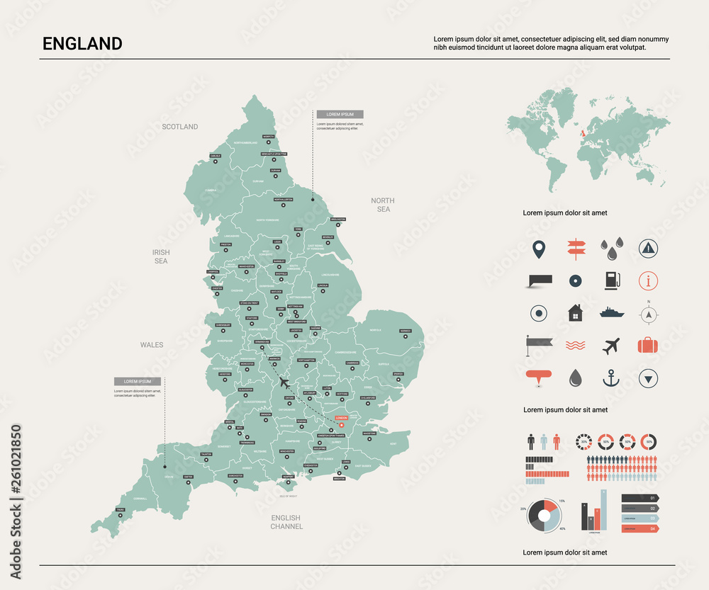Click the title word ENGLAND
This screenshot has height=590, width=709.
(82, 43)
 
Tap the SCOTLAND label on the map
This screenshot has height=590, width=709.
(180, 127)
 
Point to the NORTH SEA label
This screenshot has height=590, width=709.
(383, 205)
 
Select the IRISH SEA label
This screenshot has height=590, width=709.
(161, 256)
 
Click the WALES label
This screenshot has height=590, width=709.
(152, 345)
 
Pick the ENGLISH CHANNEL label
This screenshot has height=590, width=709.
(286, 522)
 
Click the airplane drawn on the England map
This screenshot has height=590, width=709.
(284, 383)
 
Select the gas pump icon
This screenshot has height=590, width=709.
(612, 280)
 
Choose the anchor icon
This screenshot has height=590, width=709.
(611, 378)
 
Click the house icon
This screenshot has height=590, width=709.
(575, 312)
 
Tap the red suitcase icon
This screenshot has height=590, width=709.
(648, 346)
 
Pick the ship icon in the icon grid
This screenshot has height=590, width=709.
(611, 312)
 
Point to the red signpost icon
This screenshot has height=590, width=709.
(575, 248)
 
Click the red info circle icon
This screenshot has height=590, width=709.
(648, 280)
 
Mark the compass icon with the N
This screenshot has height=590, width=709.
(648, 312)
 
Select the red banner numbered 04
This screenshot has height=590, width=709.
(640, 528)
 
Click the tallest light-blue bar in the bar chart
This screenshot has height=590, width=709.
(603, 509)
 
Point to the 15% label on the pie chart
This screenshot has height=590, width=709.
(562, 501)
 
